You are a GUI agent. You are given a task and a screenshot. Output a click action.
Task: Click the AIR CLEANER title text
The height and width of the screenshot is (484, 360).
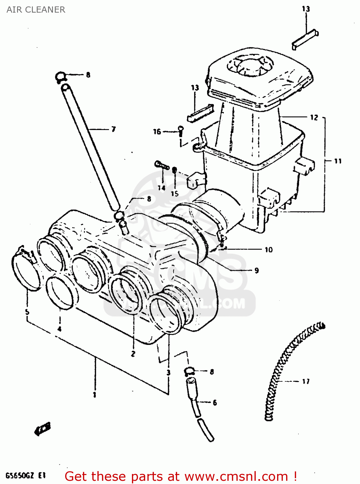tap(36, 10)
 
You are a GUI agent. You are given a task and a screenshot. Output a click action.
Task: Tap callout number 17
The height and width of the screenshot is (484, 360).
tap(305, 381)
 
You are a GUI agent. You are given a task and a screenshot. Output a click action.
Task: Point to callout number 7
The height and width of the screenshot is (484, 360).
tap(113, 129)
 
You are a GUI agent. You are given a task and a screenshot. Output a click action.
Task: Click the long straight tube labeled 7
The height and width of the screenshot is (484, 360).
tap(90, 145)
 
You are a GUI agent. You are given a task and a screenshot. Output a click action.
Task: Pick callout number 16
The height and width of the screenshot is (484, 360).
tap(157, 132)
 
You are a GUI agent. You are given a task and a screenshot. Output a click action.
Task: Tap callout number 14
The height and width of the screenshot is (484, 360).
tap(161, 188)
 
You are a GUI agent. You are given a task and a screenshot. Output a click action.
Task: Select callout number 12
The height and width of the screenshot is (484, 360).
tap(314, 117)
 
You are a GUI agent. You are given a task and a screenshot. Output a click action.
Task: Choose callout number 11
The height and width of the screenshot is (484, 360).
tap(337, 161)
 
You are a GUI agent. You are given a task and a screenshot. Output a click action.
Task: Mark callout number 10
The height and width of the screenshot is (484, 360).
tap(268, 249)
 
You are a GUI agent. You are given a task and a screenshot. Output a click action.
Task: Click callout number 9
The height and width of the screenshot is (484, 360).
tap(256, 270)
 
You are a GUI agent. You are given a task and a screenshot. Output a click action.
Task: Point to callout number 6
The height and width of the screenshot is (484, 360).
tap(215, 402)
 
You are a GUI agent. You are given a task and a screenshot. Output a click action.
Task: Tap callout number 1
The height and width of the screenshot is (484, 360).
tap(94, 395)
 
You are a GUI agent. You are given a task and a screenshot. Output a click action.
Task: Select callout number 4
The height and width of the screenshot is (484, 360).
tap(59, 329)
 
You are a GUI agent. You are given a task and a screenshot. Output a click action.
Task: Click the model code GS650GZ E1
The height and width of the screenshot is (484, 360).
tap(25, 476)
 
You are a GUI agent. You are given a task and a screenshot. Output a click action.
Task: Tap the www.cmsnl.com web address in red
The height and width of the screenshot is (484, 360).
tap(236, 476)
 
